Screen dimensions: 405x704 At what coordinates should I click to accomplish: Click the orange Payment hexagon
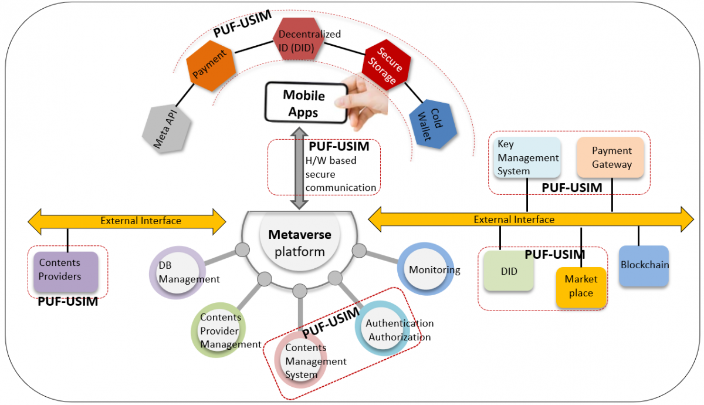pos(211,65)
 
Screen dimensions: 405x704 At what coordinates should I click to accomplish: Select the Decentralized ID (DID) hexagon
pos(299,40)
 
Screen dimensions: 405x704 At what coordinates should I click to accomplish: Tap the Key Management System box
pos(527,157)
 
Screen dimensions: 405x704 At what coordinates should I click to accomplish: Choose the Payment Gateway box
pos(611,157)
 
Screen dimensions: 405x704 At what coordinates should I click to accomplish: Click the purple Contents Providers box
pos(65,272)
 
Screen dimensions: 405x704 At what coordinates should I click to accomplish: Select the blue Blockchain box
pos(644,266)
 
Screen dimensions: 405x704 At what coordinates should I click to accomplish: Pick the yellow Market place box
pos(580,286)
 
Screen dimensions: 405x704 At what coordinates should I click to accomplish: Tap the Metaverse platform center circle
pos(299,243)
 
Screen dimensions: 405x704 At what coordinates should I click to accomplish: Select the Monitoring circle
pos(427,270)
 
